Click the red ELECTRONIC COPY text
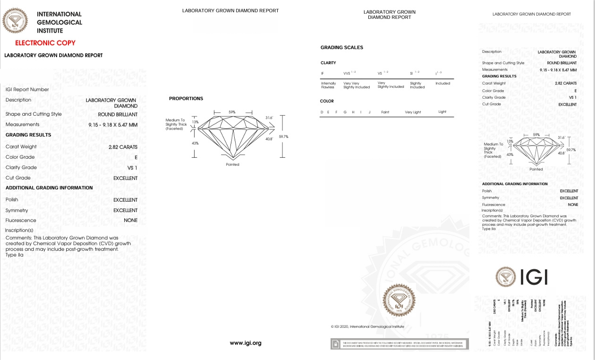[45, 43]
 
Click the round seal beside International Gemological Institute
[16, 21]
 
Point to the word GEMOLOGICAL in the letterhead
[59, 22]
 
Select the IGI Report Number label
[27, 89]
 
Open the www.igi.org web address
[246, 343]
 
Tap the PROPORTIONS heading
[186, 99]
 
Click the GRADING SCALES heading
[342, 48]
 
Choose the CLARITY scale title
[328, 63]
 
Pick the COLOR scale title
[327, 101]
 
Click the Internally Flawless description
[328, 85]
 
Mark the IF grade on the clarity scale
[323, 73]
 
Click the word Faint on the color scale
[385, 112]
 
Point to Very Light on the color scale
[413, 112]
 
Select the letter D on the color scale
[322, 112]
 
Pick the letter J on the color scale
[369, 112]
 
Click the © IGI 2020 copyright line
[367, 326]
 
